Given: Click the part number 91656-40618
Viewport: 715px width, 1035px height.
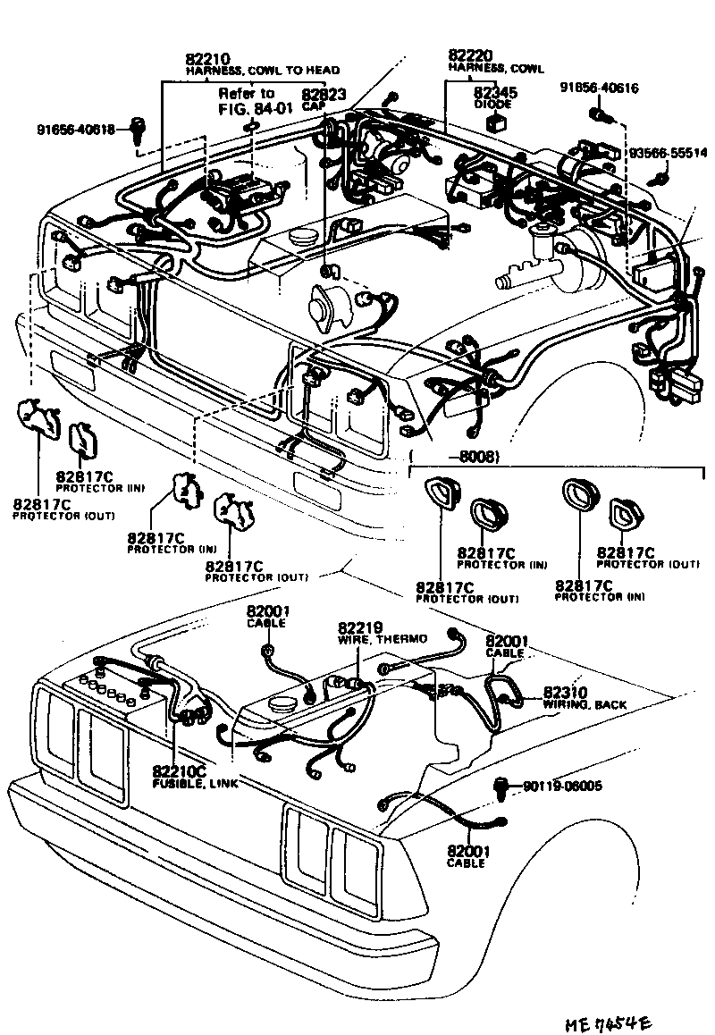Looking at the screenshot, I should click(x=75, y=129).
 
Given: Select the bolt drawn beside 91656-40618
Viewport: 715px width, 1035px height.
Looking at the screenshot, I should click(x=138, y=129).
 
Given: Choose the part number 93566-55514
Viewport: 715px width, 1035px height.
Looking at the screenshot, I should click(x=667, y=154).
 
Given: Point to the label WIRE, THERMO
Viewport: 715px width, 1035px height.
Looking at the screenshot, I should click(x=382, y=639).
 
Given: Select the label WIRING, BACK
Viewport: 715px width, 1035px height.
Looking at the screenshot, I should click(x=585, y=705).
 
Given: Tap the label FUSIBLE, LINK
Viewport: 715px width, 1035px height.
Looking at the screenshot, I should click(x=189, y=783).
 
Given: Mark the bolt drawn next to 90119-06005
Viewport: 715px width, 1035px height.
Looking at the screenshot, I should click(x=502, y=788).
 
